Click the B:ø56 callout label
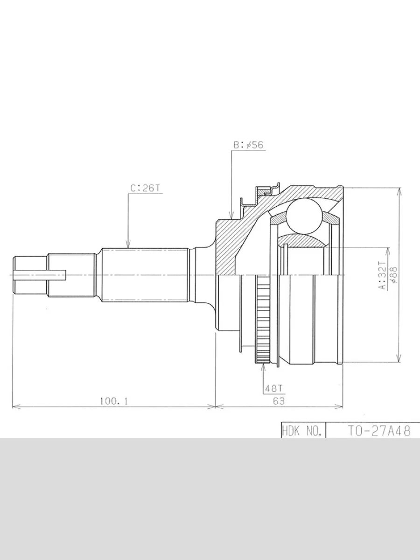(248, 145)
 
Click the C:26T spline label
(145, 188)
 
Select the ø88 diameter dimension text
(393, 275)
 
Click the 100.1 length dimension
(113, 400)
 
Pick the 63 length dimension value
(279, 400)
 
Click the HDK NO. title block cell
(302, 431)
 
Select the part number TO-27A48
(379, 431)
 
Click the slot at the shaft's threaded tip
(40, 275)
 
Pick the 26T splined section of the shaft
(145, 275)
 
